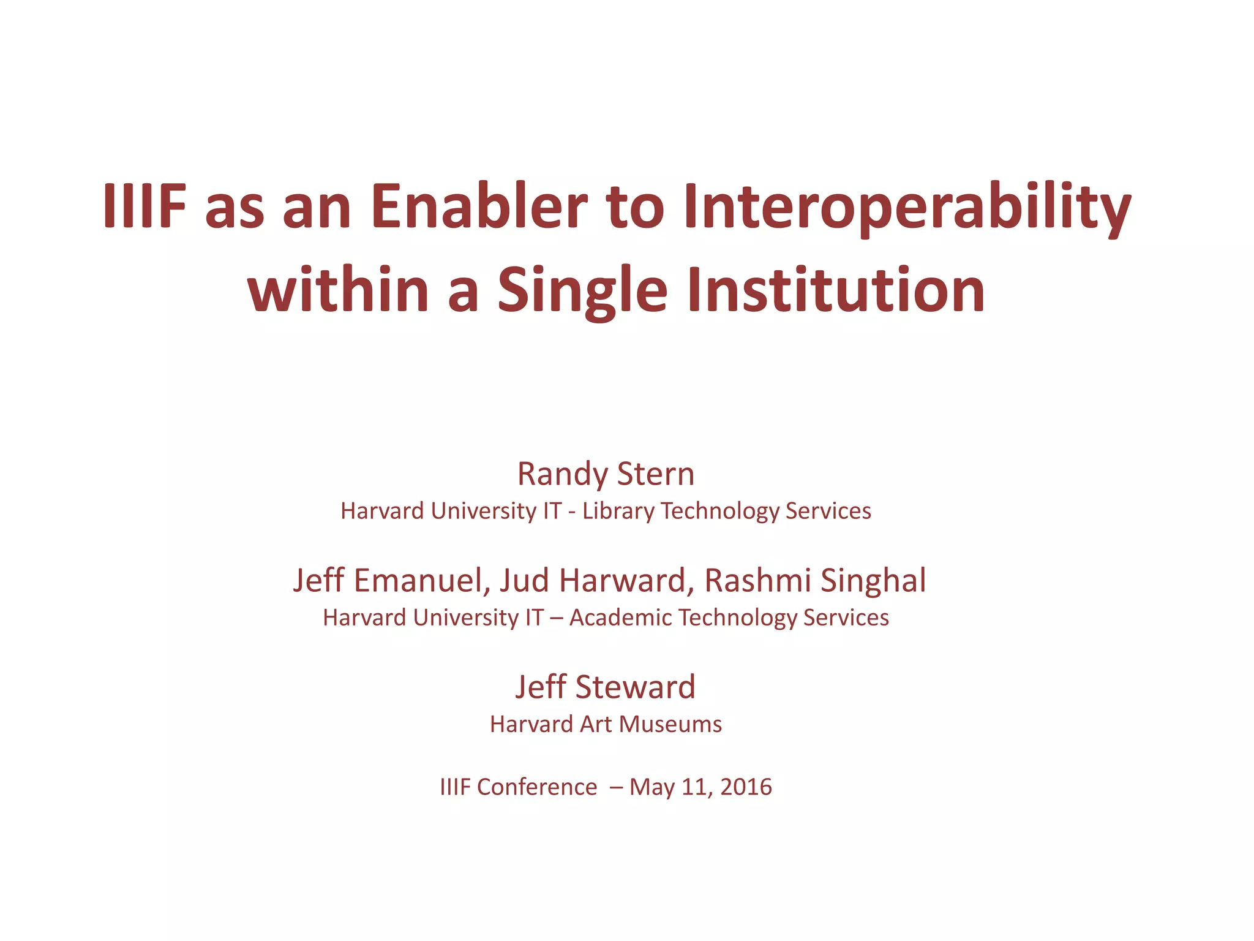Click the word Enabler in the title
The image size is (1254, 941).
pyautogui.click(x=479, y=206)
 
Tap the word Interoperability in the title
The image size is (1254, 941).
pyautogui.click(x=907, y=206)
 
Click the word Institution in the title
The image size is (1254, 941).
pyautogui.click(x=836, y=290)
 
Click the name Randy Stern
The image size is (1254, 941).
pyautogui.click(x=606, y=474)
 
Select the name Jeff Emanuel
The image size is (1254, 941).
pyautogui.click(x=390, y=581)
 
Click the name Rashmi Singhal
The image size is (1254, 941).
pyautogui.click(x=815, y=581)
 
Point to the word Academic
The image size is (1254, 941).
pyautogui.click(x=620, y=618)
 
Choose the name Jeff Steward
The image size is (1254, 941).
pyautogui.click(x=605, y=687)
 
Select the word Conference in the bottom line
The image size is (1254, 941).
pyautogui.click(x=536, y=787)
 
